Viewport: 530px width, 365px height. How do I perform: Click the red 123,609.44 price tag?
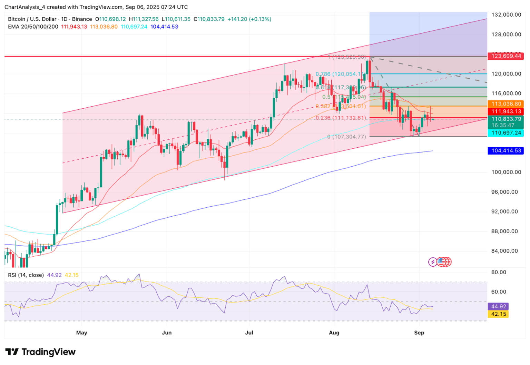(506, 56)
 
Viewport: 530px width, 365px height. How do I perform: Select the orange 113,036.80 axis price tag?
(506, 104)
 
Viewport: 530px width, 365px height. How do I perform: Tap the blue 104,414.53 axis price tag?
(506, 151)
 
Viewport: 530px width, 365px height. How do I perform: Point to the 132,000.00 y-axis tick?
(506, 15)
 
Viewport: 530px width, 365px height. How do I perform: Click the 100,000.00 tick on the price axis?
(506, 172)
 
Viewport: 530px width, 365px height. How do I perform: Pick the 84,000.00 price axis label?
(506, 251)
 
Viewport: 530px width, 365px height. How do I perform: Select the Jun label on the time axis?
(167, 333)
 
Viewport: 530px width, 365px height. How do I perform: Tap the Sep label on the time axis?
(419, 333)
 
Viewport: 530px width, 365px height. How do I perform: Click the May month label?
(81, 333)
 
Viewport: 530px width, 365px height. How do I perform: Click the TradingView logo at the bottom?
(41, 352)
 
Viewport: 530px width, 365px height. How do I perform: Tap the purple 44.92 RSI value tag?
(499, 306)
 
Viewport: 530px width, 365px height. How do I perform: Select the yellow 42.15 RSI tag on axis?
(499, 314)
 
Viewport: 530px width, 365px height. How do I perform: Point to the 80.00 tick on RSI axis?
(499, 272)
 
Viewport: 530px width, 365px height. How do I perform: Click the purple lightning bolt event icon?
(432, 262)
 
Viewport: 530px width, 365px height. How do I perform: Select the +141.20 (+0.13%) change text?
(249, 19)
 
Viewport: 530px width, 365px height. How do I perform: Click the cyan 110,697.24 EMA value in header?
(134, 27)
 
